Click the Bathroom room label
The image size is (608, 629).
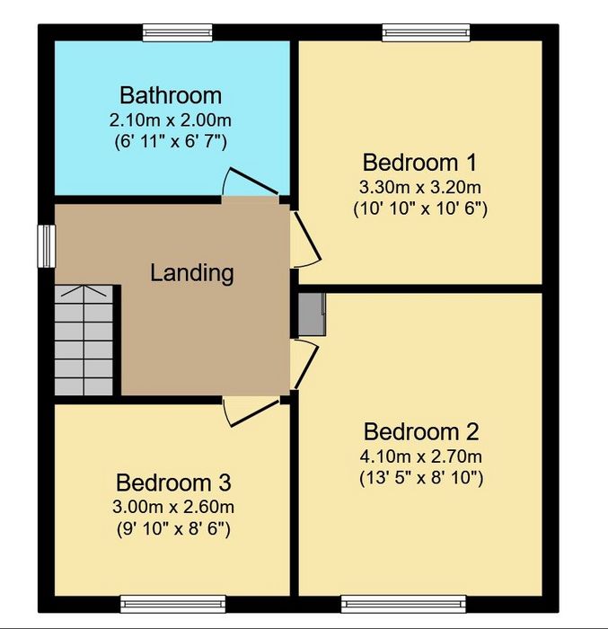point(171,95)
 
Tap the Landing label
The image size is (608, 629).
point(191,273)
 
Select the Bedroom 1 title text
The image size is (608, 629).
point(420,163)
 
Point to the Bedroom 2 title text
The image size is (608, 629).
point(421,431)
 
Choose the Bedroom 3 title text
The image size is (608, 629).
point(173,483)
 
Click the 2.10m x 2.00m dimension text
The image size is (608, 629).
point(171,120)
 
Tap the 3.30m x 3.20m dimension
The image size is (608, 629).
point(420,187)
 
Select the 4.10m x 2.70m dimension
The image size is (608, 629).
point(421,456)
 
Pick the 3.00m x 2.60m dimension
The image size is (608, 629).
point(173,507)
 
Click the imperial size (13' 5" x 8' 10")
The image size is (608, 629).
point(421,478)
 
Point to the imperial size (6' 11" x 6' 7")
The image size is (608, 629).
point(171,142)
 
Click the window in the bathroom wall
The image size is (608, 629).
point(178,33)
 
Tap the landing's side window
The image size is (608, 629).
point(47,245)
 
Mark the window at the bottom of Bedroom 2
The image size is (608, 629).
point(403,604)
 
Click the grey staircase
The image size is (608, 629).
point(84,341)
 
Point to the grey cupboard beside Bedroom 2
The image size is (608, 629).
point(312,314)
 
